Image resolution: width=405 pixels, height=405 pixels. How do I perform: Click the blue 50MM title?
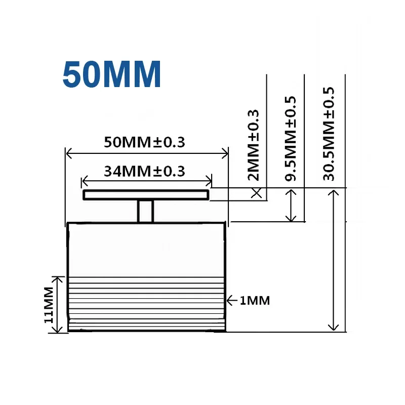click(112, 75)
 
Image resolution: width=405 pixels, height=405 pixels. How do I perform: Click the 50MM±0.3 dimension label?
click(144, 142)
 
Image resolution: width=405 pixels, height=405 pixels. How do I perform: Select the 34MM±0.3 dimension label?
click(144, 171)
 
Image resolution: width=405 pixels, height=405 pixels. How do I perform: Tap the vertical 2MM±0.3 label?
click(254, 145)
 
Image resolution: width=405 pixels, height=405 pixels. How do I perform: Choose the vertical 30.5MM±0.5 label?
click(329, 133)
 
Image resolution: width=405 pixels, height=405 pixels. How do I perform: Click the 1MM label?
click(255, 301)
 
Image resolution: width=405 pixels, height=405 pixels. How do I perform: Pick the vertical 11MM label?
click(49, 305)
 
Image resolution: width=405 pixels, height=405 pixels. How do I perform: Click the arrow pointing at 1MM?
click(232, 301)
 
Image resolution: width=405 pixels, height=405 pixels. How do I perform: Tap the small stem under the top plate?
click(146, 211)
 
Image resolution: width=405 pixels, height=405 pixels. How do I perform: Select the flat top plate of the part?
click(146, 195)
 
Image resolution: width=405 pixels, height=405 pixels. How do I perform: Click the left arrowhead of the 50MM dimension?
click(69, 152)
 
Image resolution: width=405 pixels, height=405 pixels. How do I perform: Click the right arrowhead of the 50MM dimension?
click(226, 152)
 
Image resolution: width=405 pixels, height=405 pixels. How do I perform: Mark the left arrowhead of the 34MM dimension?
click(85, 180)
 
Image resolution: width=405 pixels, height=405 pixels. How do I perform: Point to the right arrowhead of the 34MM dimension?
click(209, 180)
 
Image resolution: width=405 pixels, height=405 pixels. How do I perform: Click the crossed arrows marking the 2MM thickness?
click(257, 192)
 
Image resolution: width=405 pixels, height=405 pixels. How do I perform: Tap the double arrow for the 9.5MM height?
click(291, 205)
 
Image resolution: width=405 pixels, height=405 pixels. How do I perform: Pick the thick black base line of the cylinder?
click(147, 331)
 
